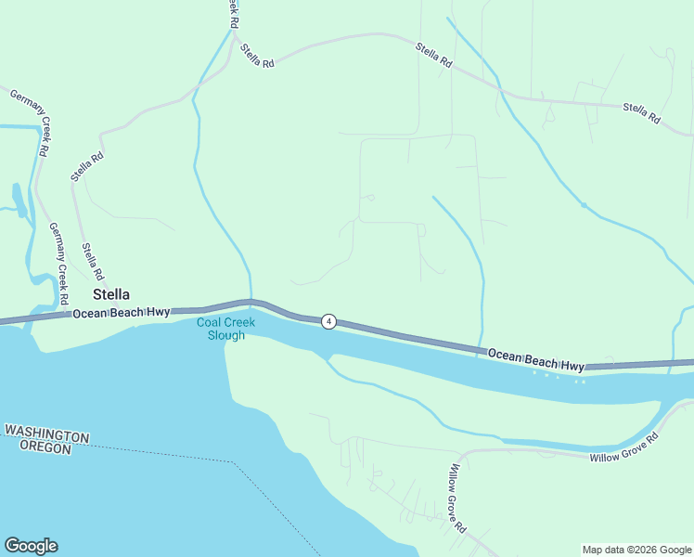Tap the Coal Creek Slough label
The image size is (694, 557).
pos(221,329)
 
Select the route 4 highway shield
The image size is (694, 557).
pos(328,321)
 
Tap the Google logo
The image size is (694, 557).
pos(31,546)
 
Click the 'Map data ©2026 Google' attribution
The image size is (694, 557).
pos(636,550)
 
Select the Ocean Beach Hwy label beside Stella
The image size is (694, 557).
pos(122,313)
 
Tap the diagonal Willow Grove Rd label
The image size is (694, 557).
pos(456,499)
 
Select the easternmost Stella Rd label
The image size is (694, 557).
pos(641,113)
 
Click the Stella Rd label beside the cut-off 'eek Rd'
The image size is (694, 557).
pos(257,56)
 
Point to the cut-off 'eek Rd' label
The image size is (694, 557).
pos(233,12)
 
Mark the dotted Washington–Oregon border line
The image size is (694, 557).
pos(186,455)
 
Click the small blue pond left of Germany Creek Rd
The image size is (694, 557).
pos(19,199)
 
